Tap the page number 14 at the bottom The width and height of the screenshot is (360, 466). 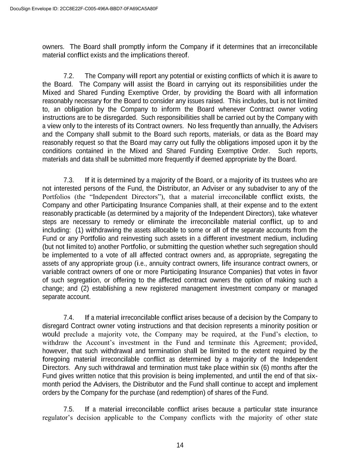point(180,445)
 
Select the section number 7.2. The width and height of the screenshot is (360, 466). point(69,76)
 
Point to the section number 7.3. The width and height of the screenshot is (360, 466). point(69,180)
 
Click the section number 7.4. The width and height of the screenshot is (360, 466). point(69,317)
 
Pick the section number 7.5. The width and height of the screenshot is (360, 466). point(69,409)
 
